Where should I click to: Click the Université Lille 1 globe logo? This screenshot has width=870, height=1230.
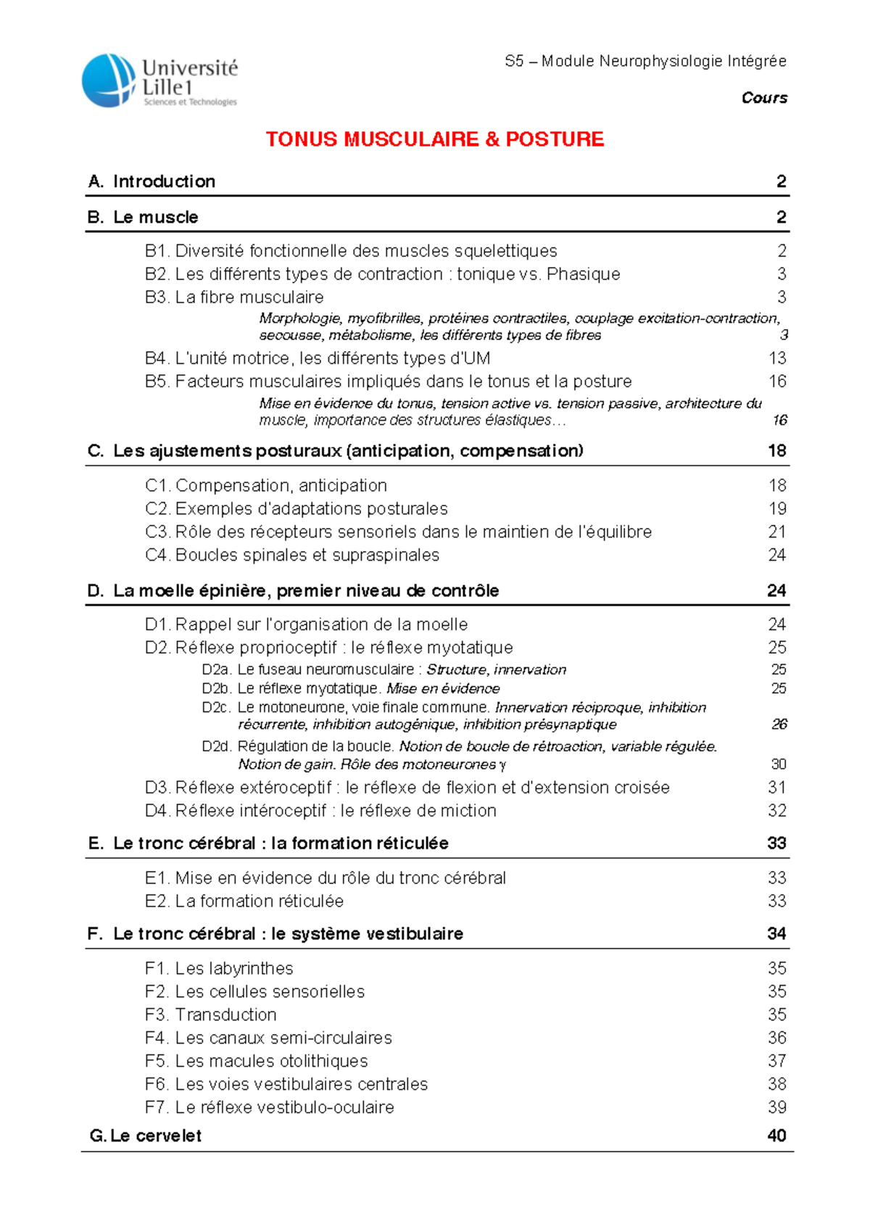click(x=109, y=81)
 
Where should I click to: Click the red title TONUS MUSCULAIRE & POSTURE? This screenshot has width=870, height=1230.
click(x=434, y=139)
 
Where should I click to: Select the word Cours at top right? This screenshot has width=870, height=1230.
click(x=764, y=98)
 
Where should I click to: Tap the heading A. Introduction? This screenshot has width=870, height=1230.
click(x=152, y=181)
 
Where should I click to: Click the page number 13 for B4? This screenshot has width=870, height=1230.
click(x=777, y=358)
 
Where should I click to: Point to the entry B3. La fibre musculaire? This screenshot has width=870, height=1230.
click(x=234, y=297)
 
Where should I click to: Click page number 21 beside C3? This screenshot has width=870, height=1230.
click(x=777, y=532)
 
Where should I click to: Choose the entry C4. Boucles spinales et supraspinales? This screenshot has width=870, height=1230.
click(x=292, y=556)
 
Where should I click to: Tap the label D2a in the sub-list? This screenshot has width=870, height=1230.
click(x=216, y=670)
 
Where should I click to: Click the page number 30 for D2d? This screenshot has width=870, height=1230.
click(x=779, y=764)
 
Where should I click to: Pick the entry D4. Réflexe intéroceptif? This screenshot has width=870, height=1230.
click(x=320, y=811)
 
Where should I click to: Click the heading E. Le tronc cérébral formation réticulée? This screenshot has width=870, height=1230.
click(x=268, y=843)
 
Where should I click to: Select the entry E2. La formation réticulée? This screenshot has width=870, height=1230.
click(x=244, y=901)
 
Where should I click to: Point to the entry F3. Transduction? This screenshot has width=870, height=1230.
click(x=211, y=1015)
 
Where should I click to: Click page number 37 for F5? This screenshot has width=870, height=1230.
click(x=777, y=1061)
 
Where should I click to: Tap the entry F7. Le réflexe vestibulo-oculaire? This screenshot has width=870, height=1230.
click(x=270, y=1107)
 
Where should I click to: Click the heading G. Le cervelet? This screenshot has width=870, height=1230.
click(x=145, y=1136)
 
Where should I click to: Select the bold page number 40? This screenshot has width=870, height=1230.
click(x=776, y=1136)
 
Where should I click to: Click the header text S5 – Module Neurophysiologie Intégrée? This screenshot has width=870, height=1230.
click(x=645, y=62)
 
